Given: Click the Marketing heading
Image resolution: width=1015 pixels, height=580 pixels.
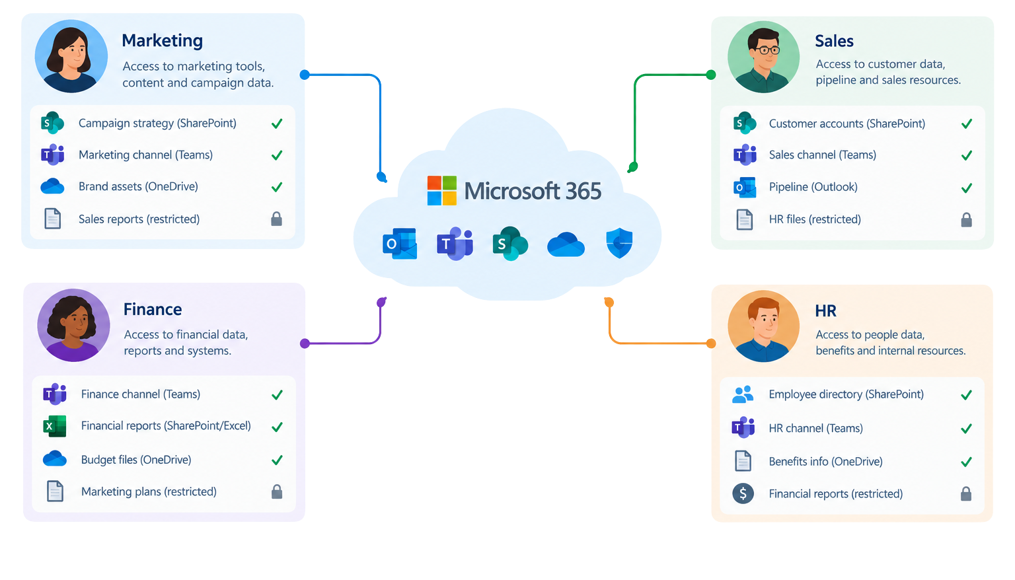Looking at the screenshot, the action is [162, 41].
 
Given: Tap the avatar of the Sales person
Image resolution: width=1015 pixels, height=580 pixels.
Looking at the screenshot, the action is [763, 57].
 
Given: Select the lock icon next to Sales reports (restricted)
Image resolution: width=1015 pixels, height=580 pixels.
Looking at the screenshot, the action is [276, 219].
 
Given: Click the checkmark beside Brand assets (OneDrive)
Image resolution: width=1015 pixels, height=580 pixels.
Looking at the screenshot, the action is [277, 187].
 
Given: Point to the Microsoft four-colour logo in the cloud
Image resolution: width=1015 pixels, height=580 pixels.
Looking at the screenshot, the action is [442, 191].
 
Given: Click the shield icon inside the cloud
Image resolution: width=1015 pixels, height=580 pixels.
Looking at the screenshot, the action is [619, 243].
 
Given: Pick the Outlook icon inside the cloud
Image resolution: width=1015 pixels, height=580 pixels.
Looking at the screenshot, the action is [400, 244].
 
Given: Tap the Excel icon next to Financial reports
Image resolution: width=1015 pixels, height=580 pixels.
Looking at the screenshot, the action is [54, 426].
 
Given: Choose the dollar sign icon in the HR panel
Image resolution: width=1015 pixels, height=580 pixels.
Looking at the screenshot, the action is [743, 493].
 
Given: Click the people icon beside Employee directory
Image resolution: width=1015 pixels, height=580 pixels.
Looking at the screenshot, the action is [743, 394].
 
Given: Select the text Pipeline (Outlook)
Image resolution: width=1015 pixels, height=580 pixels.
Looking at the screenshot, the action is [813, 187].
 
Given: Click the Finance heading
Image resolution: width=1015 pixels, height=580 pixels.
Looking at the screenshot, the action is [153, 309].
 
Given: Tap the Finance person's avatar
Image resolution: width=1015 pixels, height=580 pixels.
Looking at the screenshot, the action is [73, 326].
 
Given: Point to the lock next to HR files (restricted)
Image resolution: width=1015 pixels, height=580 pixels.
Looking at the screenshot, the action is [967, 220].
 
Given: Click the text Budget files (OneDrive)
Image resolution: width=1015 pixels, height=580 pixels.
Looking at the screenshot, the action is [136, 460].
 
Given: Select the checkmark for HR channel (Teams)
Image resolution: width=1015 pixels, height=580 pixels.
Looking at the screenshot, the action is [967, 428].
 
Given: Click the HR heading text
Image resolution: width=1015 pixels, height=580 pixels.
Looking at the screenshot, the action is [825, 311].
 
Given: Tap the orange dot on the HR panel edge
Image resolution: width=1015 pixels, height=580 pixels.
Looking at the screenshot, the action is [711, 344].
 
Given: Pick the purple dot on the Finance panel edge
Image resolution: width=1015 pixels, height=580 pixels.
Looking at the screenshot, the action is [305, 344].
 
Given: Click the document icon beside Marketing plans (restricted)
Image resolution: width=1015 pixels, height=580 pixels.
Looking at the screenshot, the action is [55, 491].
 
